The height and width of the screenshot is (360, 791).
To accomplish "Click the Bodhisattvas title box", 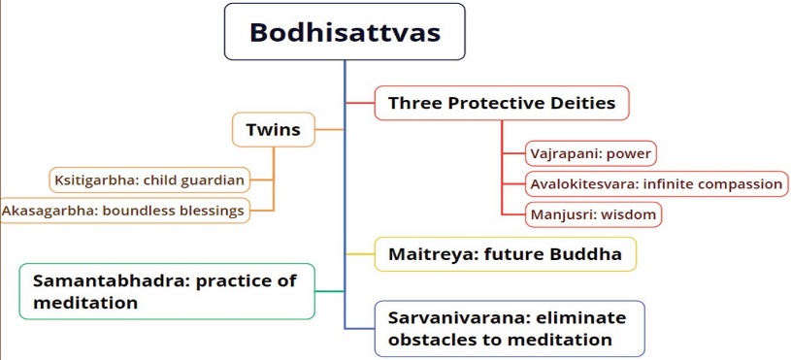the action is coord(345,32).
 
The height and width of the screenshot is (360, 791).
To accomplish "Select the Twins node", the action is coord(274,130).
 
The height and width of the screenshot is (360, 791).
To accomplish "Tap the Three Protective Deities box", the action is coord(502,103).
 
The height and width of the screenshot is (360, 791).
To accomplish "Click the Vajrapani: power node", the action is coord(591,153).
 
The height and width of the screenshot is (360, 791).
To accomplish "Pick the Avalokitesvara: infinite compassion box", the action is coord(656,184).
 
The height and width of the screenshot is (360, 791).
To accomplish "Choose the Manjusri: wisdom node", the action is coord(593,214).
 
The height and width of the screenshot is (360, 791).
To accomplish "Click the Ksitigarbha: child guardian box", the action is coord(149,180).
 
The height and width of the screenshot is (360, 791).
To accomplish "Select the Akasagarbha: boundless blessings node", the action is coord(124,211).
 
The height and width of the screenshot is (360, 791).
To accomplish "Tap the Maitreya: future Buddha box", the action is coord(505,254).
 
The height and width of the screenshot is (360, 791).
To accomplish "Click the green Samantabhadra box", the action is coord(167,291).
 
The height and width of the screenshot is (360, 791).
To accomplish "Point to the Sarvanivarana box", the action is coord(510,329).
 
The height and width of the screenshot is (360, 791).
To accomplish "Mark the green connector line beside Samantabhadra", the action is coord(330,291).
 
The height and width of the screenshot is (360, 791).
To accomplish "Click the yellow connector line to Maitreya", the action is coord(360,254).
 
